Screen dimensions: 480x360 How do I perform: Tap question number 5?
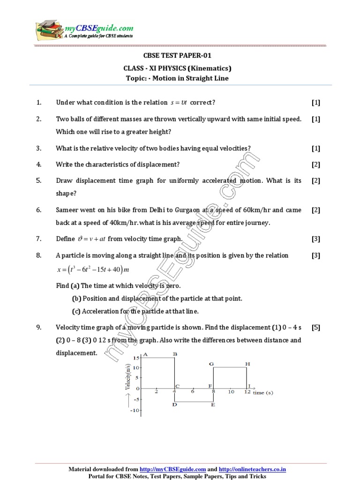[x=39, y=180]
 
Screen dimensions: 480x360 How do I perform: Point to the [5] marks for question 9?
[x=315, y=328]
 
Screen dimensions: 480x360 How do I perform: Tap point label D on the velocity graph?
[x=174, y=404]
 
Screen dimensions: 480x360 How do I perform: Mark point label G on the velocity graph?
[x=211, y=364]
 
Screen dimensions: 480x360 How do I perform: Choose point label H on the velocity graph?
[x=247, y=364]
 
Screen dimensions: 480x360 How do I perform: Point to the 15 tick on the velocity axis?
[x=136, y=358]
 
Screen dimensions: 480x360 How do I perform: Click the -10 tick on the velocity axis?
[x=135, y=411]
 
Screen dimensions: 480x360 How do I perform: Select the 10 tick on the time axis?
[x=231, y=392]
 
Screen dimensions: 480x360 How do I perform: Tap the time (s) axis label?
[x=263, y=393]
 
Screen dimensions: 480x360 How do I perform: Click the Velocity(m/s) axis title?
[x=127, y=377]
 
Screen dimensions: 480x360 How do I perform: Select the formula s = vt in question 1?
[x=179, y=103]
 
